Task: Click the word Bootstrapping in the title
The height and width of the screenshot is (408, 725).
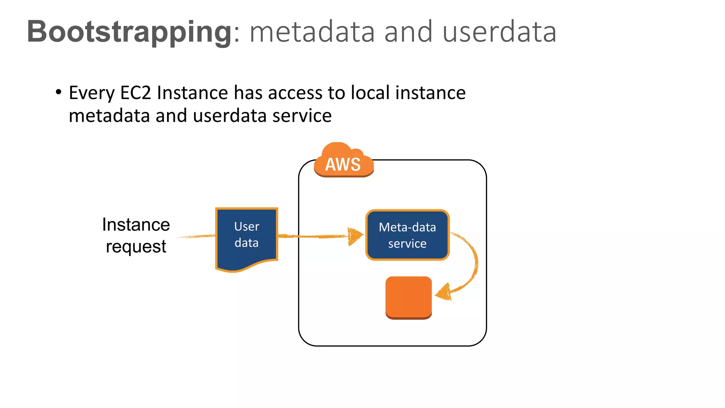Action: click(129, 32)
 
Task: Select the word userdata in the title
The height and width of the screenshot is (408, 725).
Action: click(499, 32)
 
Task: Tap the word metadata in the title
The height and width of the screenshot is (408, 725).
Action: click(312, 32)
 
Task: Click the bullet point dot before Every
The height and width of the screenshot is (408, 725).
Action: click(59, 92)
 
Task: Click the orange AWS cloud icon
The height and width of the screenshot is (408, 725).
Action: click(343, 161)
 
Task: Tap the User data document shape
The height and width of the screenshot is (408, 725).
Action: click(247, 237)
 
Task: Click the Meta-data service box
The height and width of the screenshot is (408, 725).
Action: click(407, 235)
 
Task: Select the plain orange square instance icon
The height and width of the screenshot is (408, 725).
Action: click(409, 297)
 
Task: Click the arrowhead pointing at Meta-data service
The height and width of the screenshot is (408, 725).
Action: click(355, 236)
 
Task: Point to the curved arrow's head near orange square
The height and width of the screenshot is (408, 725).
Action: click(444, 293)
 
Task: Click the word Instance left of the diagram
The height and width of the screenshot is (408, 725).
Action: click(136, 225)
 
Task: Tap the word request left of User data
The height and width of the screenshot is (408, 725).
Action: click(136, 246)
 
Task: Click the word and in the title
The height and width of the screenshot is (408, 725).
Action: click(408, 32)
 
